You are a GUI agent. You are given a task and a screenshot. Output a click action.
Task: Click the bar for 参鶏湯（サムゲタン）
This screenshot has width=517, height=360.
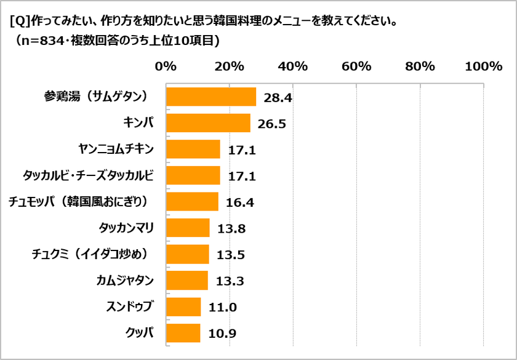pyautogui.click(x=211, y=97)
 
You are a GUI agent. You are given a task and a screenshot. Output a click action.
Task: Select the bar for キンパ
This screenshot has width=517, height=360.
pyautogui.click(x=208, y=123)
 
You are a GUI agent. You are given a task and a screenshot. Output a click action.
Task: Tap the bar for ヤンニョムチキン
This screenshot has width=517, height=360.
pyautogui.click(x=193, y=149)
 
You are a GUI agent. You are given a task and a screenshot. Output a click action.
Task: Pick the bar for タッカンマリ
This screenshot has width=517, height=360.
pyautogui.click(x=188, y=228)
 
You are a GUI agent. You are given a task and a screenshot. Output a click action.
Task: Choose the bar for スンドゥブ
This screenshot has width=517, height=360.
pyautogui.click(x=183, y=306)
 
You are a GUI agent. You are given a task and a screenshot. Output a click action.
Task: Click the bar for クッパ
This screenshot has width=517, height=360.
pyautogui.click(x=183, y=333)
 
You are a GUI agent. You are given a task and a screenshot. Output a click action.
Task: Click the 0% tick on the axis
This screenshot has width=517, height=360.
pyautogui.click(x=166, y=66)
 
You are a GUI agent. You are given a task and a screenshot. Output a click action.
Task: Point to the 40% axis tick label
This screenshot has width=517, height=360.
pyautogui.click(x=293, y=66)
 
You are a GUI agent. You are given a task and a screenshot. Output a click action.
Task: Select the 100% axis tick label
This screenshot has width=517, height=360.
pyautogui.click(x=483, y=66)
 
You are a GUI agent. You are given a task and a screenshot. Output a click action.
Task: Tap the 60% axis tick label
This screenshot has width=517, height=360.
pyautogui.click(x=356, y=66)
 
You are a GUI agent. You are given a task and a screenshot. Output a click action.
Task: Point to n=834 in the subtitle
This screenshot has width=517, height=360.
pyautogui.click(x=49, y=41)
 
